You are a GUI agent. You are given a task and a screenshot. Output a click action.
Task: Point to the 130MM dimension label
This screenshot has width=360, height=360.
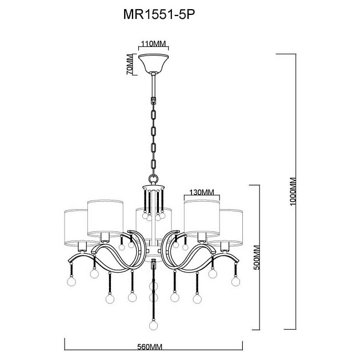point(201,193)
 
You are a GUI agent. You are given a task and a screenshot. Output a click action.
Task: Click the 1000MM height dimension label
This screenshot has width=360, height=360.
point(293,191)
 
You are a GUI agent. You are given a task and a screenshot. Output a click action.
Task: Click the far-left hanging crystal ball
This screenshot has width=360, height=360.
point(71,282)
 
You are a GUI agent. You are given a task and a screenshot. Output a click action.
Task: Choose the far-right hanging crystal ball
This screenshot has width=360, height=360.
point(235,281)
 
